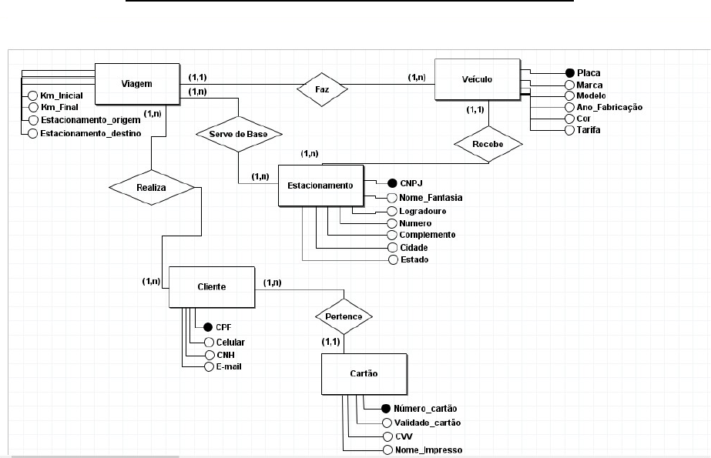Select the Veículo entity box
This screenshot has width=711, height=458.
[478, 79]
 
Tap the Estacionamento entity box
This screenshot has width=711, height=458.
[320, 186]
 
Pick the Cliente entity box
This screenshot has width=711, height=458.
[211, 286]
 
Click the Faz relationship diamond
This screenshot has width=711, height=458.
[323, 89]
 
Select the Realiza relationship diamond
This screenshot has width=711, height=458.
[151, 186]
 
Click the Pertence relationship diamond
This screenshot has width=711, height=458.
[344, 316]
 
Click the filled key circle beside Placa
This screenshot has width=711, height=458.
[570, 73]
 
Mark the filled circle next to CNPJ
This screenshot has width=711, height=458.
[391, 184]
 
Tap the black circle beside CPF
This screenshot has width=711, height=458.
[207, 326]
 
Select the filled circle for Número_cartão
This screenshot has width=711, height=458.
[386, 408]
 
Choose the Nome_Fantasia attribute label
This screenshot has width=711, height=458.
[431, 198]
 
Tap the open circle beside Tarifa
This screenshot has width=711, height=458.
[570, 130]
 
